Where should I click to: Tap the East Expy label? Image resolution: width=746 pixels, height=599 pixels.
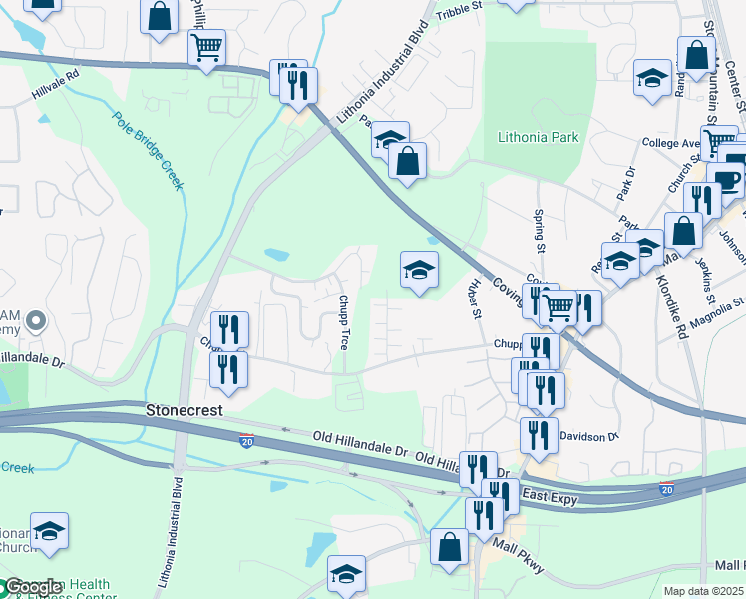point(551,496)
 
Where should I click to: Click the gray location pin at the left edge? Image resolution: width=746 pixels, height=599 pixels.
point(36,321)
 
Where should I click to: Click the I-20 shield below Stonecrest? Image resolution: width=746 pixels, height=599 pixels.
point(247,441)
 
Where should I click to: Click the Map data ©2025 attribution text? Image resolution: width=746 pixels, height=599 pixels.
point(703,591)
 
